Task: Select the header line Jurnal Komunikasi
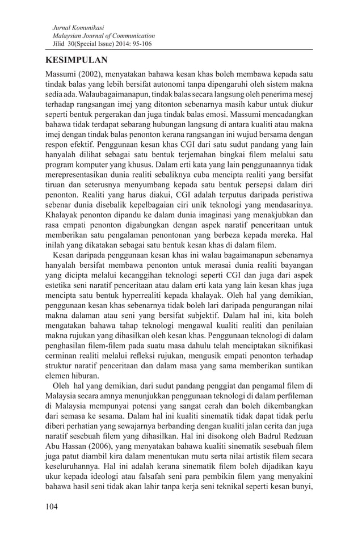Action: [73, 27]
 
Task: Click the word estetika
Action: [61, 300]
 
